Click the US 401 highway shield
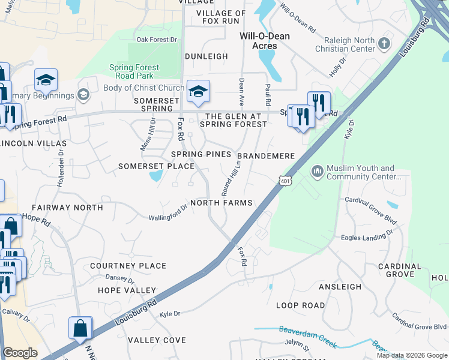pos(285,179)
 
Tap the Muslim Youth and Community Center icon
pos(317,172)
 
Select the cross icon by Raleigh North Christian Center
pos(384,44)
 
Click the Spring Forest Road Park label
pos(131,71)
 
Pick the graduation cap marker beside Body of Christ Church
pos(197,92)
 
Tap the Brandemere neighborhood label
pos(269,156)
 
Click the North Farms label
pos(221,203)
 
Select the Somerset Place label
pos(156,166)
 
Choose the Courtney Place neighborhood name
pos(128,265)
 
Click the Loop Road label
pos(300,305)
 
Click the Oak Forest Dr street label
pos(157,40)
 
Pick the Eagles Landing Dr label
pos(367,236)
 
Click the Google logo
pos(20,353)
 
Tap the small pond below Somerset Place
pos(155,176)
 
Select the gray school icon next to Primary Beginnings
pos(83,95)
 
